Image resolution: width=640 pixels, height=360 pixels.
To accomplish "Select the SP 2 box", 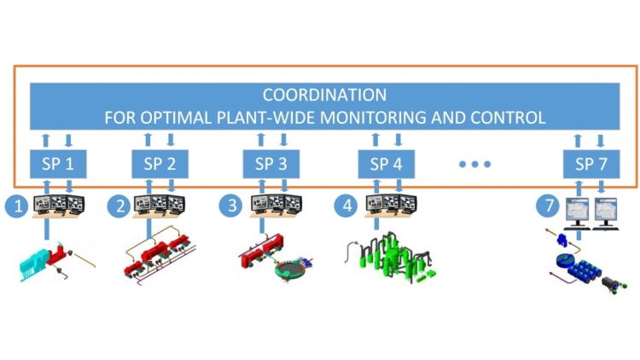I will (x=160, y=164).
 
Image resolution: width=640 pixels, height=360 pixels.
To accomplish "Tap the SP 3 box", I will (x=271, y=164).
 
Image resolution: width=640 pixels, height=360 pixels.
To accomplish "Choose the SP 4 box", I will (x=386, y=164).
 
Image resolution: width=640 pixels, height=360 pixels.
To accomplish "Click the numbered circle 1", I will (x=15, y=206).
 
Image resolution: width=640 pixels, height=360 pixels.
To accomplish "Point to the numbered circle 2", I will (x=120, y=206).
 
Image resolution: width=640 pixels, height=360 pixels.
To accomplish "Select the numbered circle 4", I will (x=347, y=206).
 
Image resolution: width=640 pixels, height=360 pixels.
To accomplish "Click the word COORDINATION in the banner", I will (x=324, y=94).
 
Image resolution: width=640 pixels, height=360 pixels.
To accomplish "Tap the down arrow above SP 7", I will (x=602, y=139).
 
